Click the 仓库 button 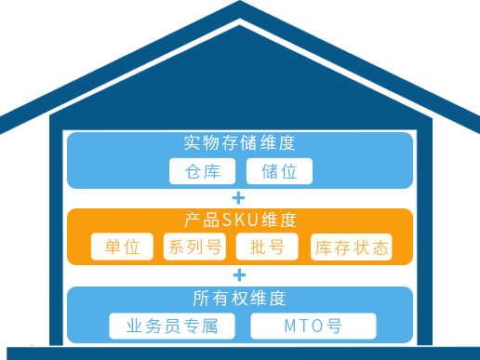[x=204, y=171]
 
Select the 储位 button [x=279, y=171]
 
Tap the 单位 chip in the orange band [x=122, y=247]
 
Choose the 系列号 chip [x=194, y=247]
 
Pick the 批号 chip [x=267, y=247]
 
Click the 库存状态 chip [x=351, y=247]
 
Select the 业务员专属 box [x=172, y=327]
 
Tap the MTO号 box [x=313, y=327]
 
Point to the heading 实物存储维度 [x=239, y=143]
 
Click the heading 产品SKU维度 [x=239, y=220]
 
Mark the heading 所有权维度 [x=239, y=299]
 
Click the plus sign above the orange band [x=238, y=198]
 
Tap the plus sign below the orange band [x=238, y=275]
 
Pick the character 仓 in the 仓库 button [x=193, y=171]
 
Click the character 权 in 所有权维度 [x=239, y=299]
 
